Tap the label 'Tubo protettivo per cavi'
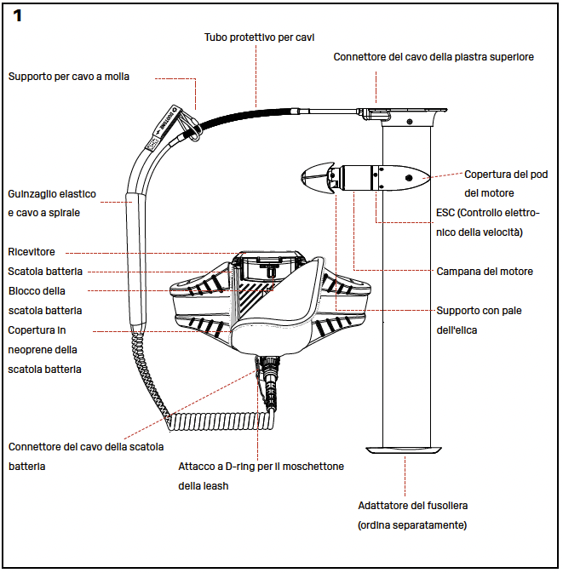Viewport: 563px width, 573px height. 261,37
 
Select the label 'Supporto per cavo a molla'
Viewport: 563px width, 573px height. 69,76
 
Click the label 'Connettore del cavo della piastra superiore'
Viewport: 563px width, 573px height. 434,57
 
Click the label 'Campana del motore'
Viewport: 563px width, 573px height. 485,272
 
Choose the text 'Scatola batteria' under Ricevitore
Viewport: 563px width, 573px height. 45,272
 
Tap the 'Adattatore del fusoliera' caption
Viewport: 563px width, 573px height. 412,507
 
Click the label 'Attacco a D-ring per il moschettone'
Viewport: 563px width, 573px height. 261,467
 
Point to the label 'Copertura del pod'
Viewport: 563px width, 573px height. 506,175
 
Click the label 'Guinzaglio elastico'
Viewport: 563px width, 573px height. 53,194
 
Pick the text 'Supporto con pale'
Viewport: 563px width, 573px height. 477,311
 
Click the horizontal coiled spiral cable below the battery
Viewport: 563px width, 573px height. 221,420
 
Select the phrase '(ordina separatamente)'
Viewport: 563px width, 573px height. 412,525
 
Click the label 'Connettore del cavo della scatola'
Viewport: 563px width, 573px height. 86,446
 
